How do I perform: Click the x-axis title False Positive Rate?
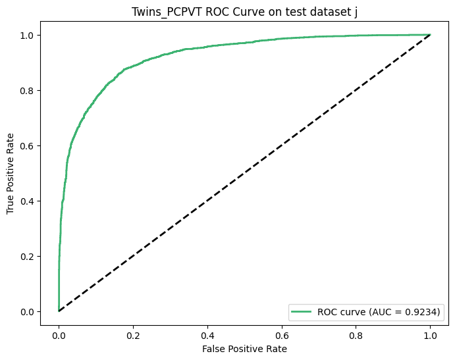(244, 347)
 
